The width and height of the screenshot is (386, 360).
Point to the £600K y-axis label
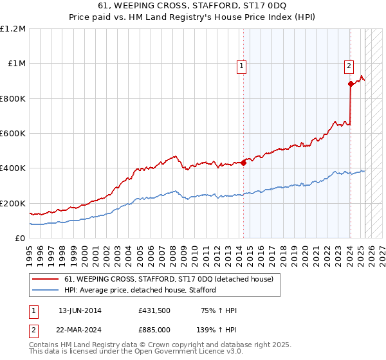tap(14, 134)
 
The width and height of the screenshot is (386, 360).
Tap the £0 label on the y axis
tap(21, 239)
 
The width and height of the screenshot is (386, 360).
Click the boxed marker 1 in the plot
tap(241, 64)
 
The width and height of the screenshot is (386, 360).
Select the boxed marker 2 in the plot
tap(348, 64)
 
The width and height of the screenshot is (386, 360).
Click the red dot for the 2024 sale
tap(351, 84)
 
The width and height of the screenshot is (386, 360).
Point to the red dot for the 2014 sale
tap(244, 163)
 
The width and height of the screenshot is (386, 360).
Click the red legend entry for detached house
tap(169, 279)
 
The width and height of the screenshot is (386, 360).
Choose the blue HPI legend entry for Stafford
tap(140, 290)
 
